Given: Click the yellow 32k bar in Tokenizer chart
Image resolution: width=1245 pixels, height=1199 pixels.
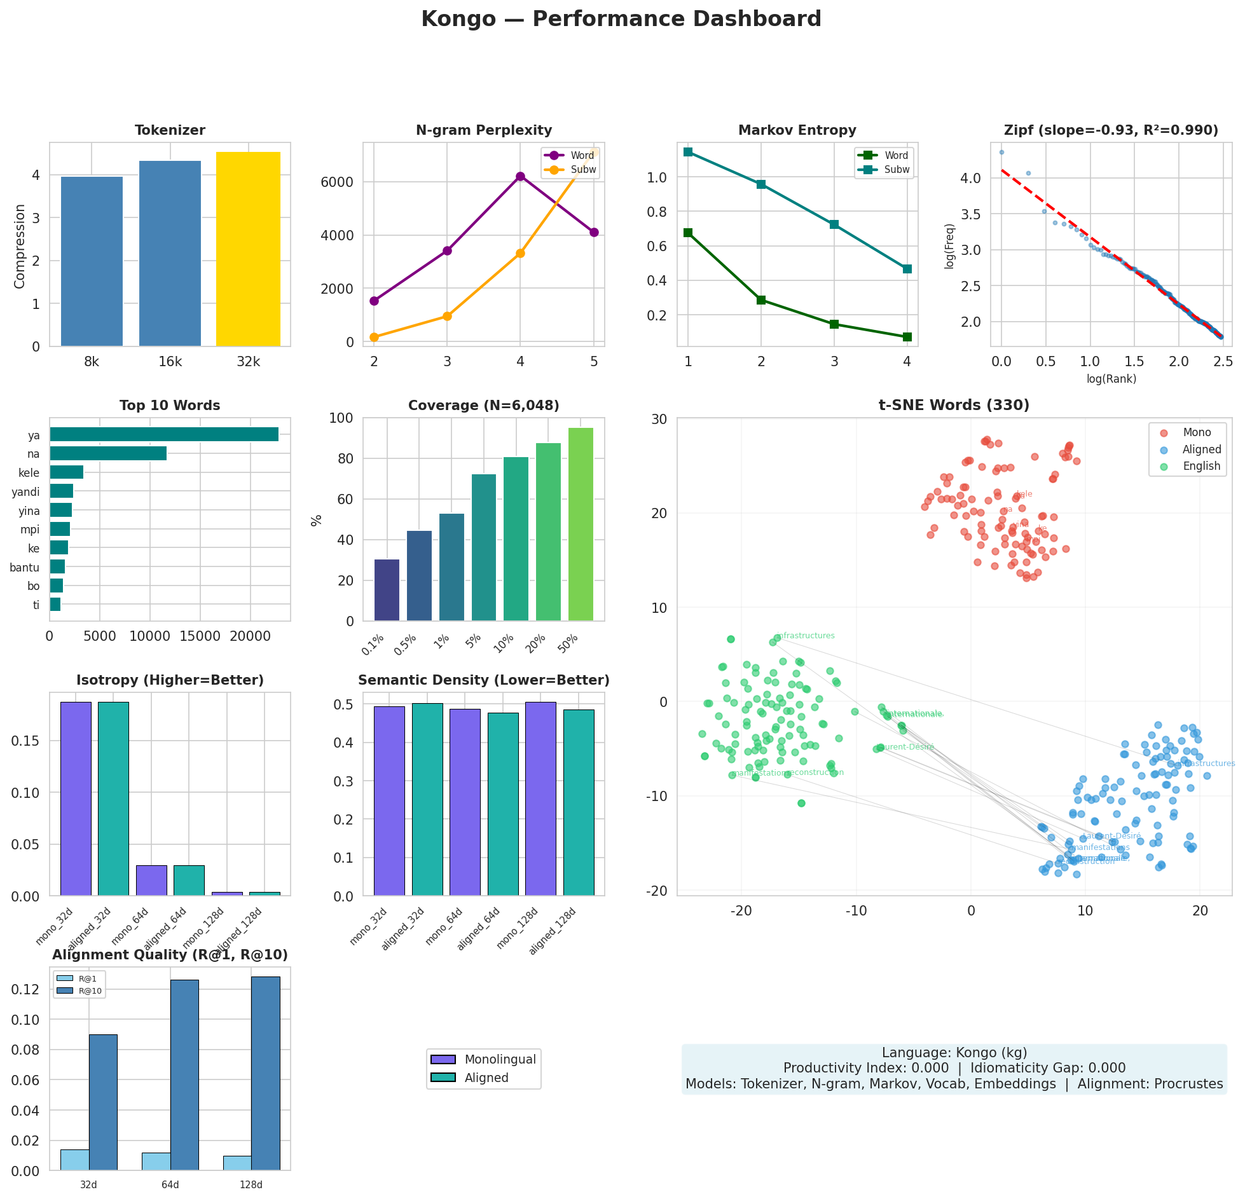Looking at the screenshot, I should click(248, 249).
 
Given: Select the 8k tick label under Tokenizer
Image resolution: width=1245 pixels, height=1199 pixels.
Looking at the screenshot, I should click(92, 362).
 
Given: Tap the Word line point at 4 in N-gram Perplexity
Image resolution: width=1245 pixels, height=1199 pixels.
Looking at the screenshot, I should click(520, 176).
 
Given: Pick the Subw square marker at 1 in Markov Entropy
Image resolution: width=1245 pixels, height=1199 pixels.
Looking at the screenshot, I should click(688, 152).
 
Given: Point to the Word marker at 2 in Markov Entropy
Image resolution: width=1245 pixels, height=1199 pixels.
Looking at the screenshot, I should click(761, 300).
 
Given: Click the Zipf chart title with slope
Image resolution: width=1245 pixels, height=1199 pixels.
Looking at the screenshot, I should click(1111, 130).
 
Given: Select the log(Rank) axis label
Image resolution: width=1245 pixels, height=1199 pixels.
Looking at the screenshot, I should click(1111, 379).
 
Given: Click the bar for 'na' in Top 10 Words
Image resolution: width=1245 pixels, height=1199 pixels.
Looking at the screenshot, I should click(108, 453).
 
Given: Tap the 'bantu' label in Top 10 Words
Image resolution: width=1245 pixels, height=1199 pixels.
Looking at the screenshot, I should click(25, 567).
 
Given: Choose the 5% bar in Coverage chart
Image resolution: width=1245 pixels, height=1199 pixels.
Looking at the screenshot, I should click(484, 547).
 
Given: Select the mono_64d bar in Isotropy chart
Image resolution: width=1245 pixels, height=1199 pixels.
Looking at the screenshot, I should click(151, 880).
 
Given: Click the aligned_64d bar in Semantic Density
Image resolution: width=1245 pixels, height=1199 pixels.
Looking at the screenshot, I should click(503, 804).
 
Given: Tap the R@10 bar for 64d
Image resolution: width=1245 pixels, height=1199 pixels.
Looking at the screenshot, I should click(184, 1074).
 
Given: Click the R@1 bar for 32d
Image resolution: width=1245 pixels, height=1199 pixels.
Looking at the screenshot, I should click(75, 1160).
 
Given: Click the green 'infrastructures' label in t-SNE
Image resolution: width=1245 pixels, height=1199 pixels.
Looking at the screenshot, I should click(806, 636).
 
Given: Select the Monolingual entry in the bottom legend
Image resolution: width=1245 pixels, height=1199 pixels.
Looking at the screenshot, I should click(500, 1060).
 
